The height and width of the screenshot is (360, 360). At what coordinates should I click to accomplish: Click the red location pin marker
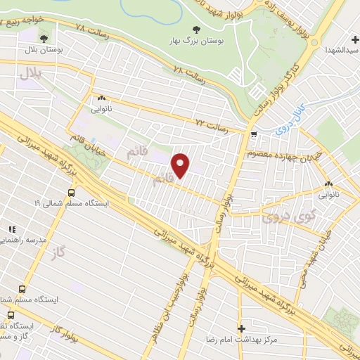point(181,166)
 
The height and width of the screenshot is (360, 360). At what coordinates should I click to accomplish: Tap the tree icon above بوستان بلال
point(45,37)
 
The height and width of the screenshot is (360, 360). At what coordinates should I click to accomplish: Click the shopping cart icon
point(253,132)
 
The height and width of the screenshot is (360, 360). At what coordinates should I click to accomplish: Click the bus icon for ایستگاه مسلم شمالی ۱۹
point(71,191)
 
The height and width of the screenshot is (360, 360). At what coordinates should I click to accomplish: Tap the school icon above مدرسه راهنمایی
point(11,229)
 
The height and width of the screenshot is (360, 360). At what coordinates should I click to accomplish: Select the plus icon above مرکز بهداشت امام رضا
point(241,328)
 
